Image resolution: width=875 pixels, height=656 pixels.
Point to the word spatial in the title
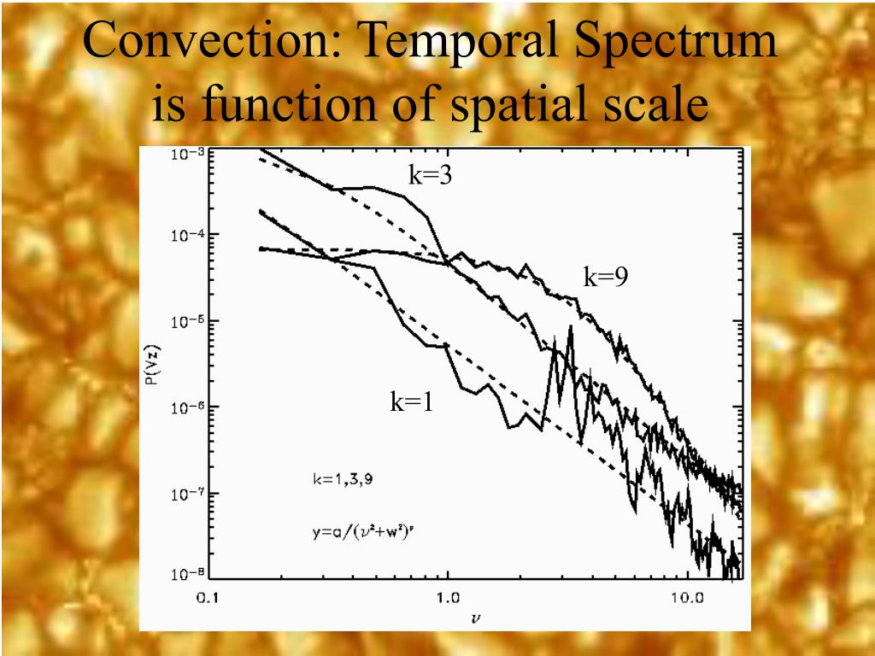pyautogui.click(x=523, y=107)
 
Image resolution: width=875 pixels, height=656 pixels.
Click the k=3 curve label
pyautogui.click(x=429, y=176)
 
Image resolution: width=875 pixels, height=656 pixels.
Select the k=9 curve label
pyautogui.click(x=606, y=277)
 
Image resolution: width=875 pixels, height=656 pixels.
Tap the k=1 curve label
pyautogui.click(x=412, y=401)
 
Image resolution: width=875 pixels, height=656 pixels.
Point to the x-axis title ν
pyautogui.click(x=474, y=614)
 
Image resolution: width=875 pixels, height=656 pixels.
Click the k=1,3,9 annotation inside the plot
pyautogui.click(x=342, y=479)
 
